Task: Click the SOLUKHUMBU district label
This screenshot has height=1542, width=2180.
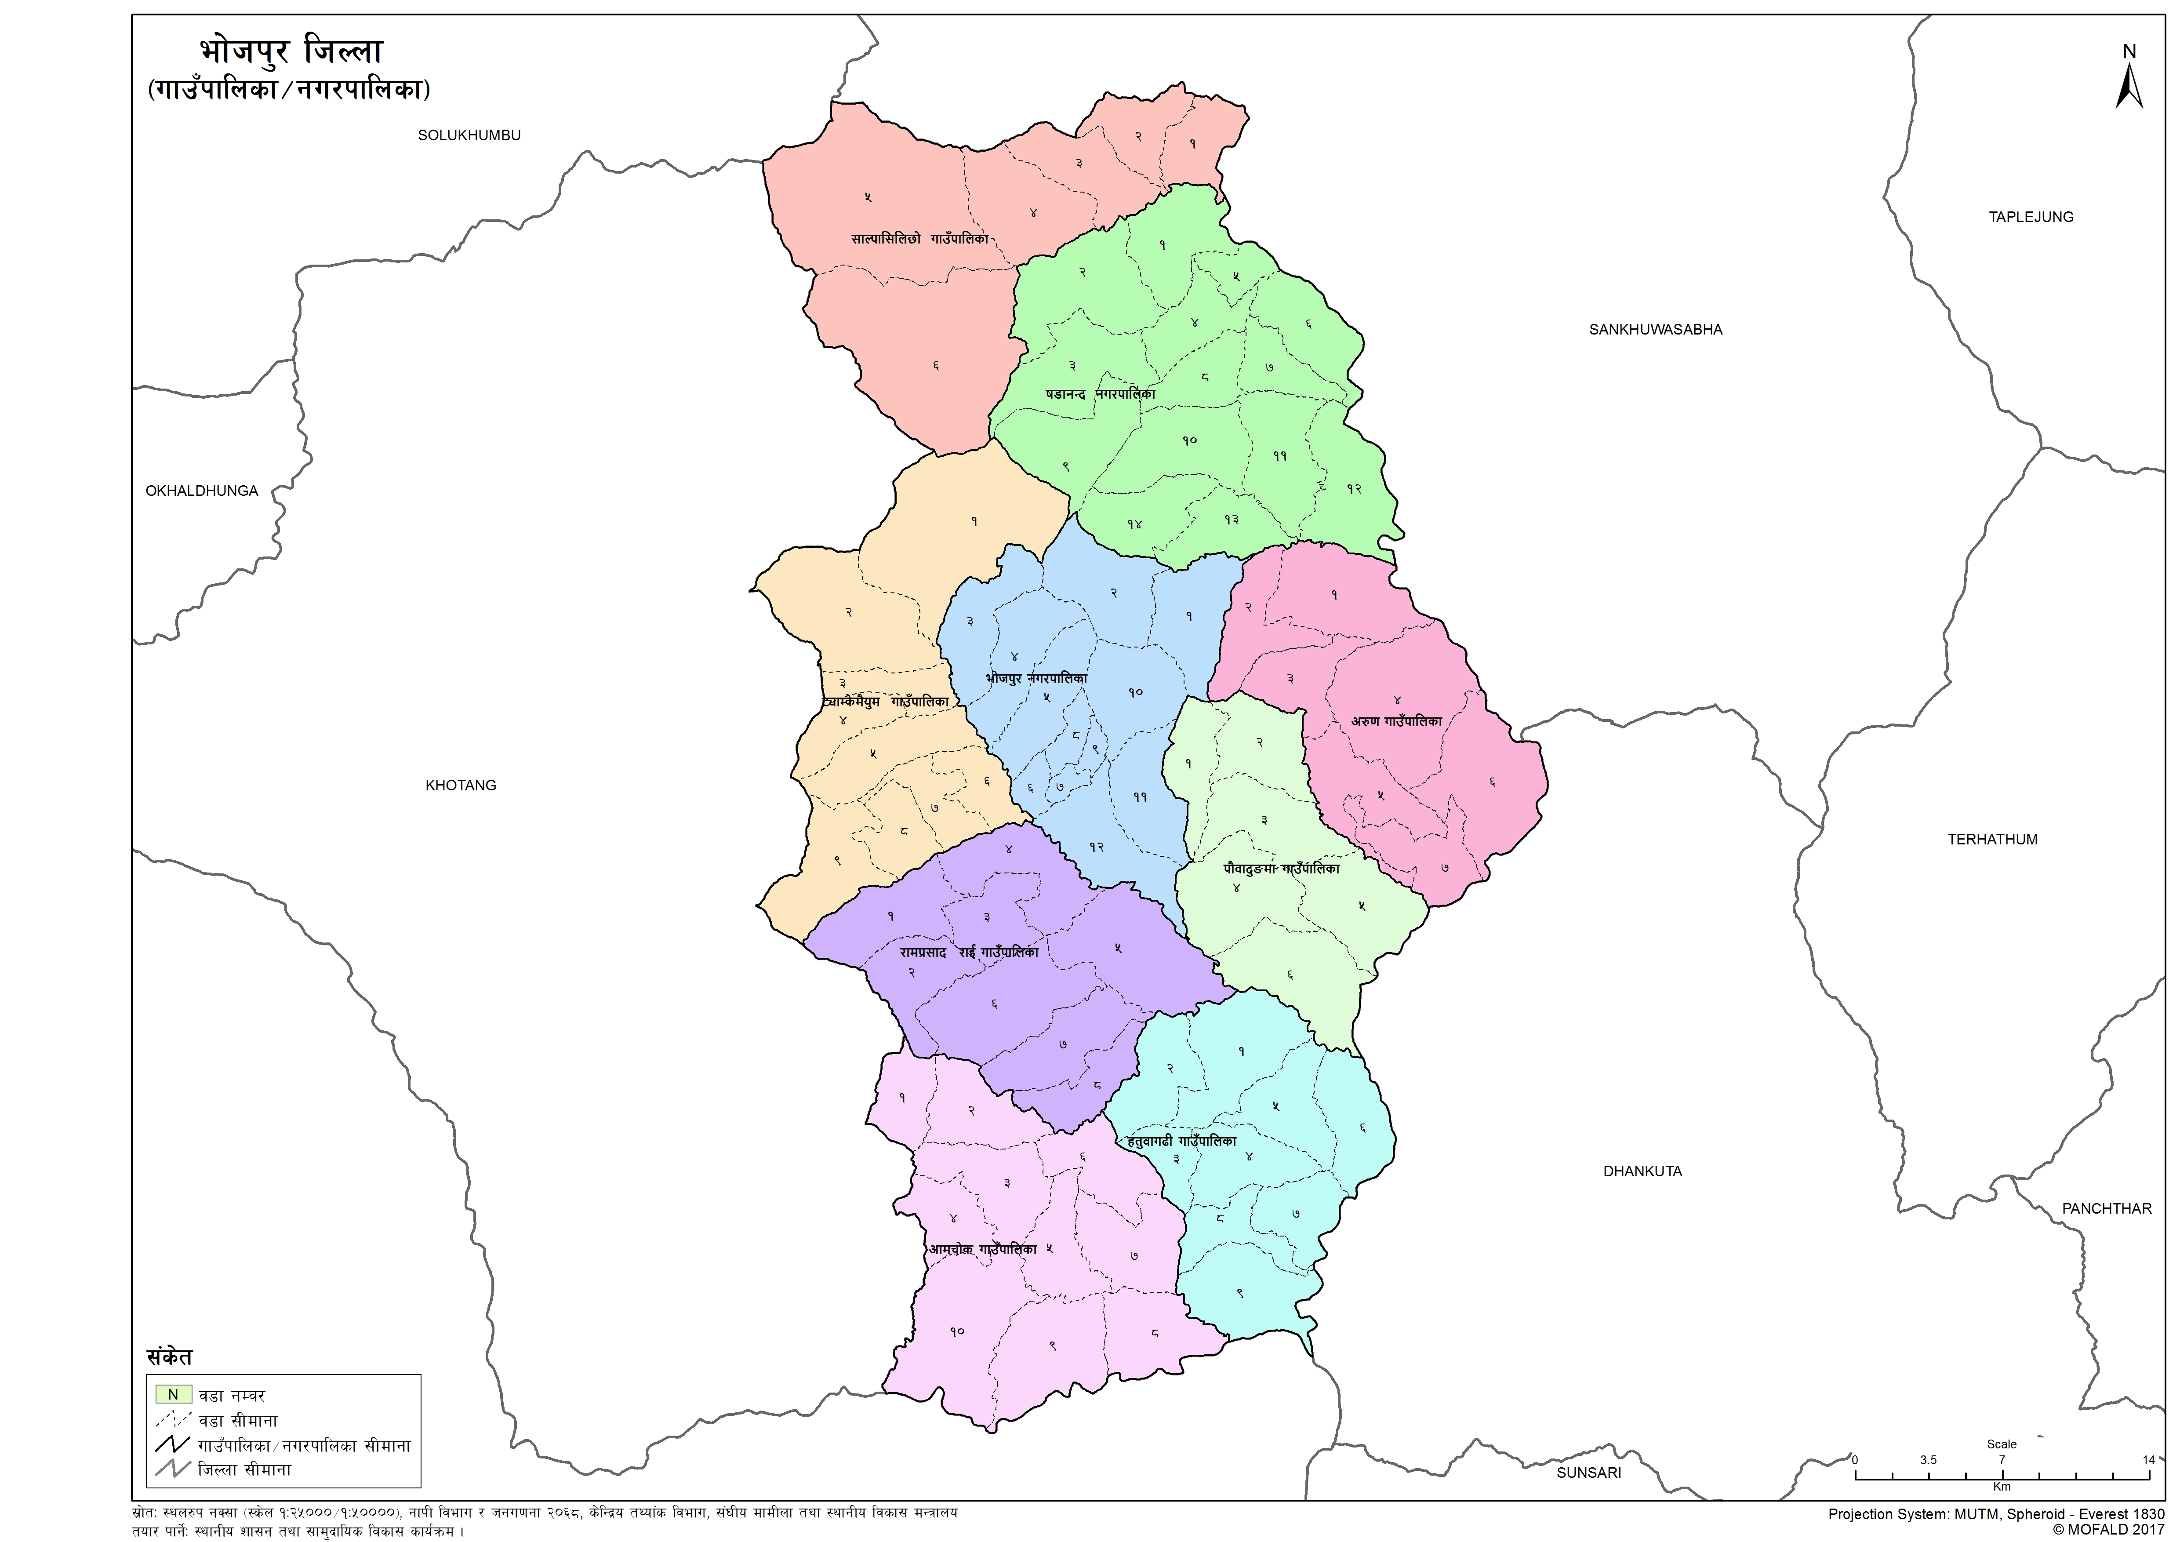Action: pos(469,135)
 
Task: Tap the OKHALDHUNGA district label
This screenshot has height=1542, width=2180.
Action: pos(201,491)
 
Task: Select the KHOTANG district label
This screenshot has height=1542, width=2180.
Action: pos(461,785)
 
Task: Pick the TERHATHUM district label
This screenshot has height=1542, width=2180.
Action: pos(1992,840)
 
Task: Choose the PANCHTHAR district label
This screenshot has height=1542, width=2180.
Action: pos(2106,1209)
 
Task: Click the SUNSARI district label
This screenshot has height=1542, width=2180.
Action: pos(1588,1473)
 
